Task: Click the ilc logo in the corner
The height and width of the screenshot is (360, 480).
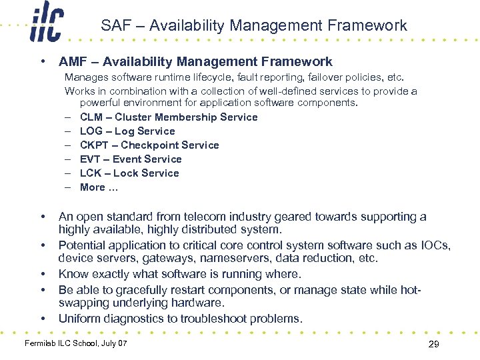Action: [x=47, y=25]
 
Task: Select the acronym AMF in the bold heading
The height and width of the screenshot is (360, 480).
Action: [x=73, y=62]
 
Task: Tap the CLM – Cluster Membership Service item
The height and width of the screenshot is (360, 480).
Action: [x=168, y=117]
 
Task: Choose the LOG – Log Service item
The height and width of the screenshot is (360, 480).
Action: [x=127, y=131]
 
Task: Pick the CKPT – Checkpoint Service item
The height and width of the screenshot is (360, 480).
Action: [x=149, y=145]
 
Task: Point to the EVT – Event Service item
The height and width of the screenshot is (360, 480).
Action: [x=130, y=159]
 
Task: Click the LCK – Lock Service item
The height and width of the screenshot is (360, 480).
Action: [x=129, y=173]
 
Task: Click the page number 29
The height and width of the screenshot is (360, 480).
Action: [x=433, y=344]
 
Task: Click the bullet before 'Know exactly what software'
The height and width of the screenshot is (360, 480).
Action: [x=43, y=274]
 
